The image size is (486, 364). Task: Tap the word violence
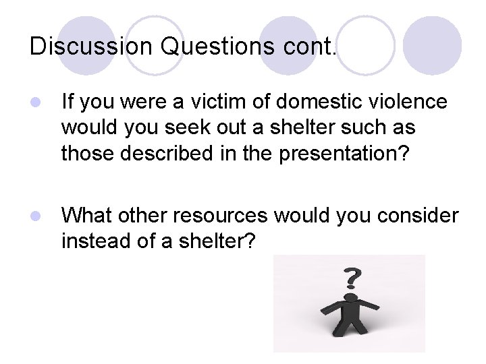pyautogui.click(x=411, y=102)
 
